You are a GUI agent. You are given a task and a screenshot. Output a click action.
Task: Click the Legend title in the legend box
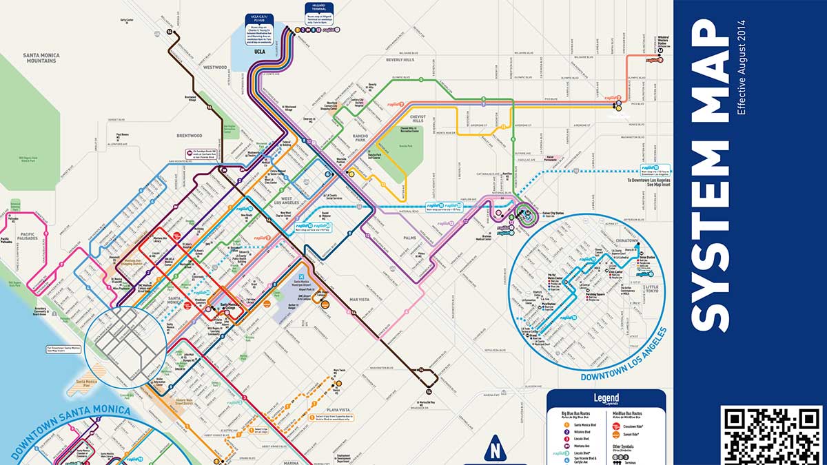tap(606, 398)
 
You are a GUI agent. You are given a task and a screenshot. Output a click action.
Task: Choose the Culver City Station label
tap(553, 214)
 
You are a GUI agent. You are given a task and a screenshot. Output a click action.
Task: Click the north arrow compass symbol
tap(494, 449)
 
